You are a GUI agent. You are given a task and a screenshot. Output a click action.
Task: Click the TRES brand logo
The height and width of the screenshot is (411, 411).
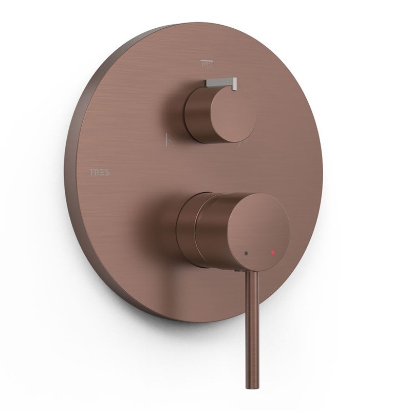(99, 172)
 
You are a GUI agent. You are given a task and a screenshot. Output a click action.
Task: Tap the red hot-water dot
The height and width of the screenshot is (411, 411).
(273, 252)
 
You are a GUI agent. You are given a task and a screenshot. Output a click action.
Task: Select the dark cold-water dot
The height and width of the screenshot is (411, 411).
(246, 253)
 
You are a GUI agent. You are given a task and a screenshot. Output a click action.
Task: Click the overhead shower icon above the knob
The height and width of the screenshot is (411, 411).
(207, 64)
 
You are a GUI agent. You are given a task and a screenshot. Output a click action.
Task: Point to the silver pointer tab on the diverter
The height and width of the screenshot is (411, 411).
(221, 83)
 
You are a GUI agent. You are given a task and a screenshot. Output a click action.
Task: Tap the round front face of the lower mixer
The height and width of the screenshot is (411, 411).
(258, 231)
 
